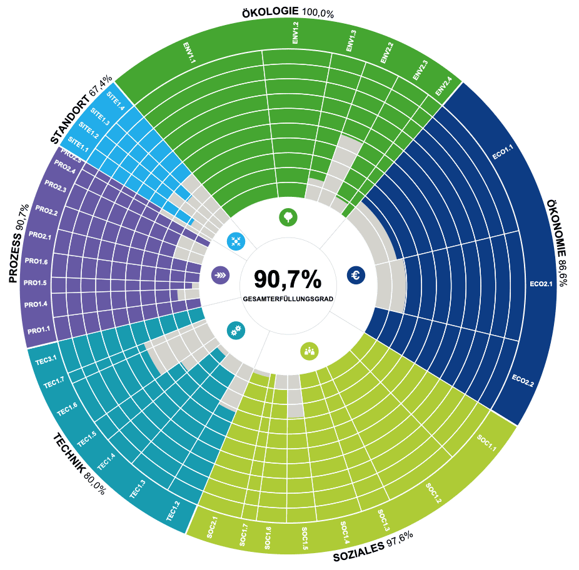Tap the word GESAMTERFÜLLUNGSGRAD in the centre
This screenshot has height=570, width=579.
288,299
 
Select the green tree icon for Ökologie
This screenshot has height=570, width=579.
288,217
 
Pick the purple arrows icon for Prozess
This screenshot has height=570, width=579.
220,274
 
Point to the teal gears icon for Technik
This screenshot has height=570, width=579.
236,331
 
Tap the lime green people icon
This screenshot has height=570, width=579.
310,351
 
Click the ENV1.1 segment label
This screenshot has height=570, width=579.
189,52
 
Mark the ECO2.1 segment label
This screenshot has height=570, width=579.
541,284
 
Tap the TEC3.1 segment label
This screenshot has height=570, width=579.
46,358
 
